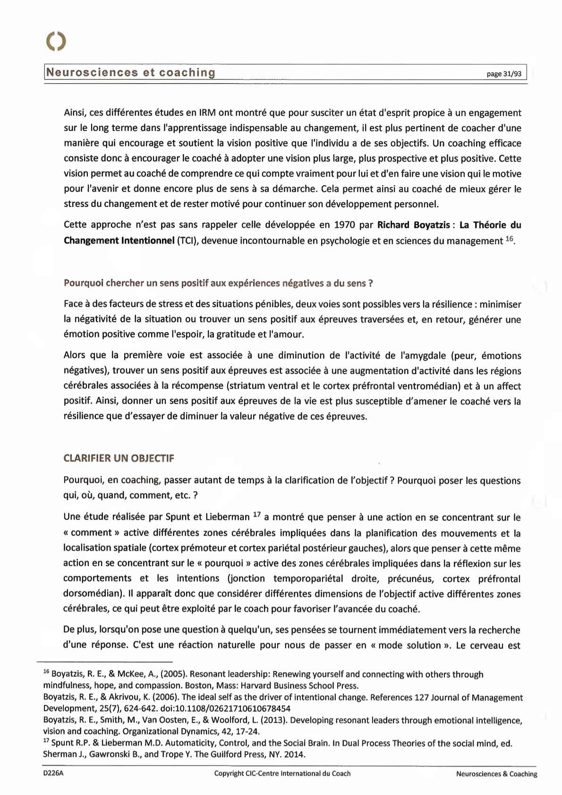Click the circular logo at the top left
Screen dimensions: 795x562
[x=56, y=42]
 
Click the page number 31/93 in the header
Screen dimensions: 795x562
[x=504, y=74]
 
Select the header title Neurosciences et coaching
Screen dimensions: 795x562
[x=130, y=73]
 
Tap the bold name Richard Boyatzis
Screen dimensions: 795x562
[x=413, y=225]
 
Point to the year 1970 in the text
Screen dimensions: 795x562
[x=345, y=225]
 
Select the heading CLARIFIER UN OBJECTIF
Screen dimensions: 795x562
[x=119, y=458]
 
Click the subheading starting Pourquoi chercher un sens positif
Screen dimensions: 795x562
[x=218, y=283]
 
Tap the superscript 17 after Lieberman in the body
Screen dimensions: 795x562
[x=257, y=514]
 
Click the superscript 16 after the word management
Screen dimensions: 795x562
[x=509, y=239]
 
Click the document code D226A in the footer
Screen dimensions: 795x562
[x=52, y=773]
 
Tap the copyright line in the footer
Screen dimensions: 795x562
[x=282, y=773]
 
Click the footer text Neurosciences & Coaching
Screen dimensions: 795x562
[x=496, y=774]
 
